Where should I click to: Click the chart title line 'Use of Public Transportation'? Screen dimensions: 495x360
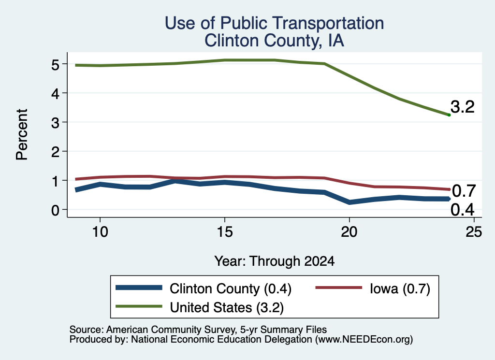275,23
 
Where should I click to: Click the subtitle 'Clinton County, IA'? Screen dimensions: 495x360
274,41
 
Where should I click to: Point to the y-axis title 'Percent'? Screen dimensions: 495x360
22,135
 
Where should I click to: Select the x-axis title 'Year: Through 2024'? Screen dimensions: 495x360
275,261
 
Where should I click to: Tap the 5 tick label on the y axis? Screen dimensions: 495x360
55,65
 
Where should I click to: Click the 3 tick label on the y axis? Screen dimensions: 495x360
55,123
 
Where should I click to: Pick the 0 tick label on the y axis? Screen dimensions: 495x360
55,210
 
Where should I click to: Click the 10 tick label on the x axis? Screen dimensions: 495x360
100,232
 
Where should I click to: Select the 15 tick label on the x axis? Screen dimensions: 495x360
225,232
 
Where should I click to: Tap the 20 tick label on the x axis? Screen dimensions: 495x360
349,232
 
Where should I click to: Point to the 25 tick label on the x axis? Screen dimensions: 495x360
474,232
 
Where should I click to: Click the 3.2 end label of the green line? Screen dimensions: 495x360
463,107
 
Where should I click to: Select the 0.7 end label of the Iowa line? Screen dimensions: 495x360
464,191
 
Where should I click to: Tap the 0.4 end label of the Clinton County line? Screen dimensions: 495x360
463,210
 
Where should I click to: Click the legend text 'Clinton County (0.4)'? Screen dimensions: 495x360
231,289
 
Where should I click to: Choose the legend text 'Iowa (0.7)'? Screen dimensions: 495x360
400,289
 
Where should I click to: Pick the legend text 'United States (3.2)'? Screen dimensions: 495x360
227,308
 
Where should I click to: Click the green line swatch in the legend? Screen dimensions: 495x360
139,306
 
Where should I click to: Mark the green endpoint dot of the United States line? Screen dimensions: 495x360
449,115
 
